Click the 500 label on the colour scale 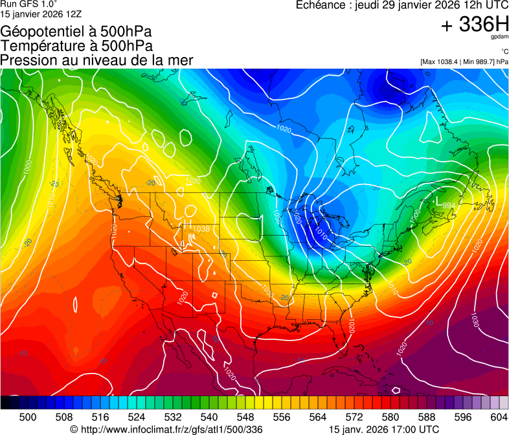[x=28, y=417]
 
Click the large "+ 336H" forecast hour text [x=475, y=25]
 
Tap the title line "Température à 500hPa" [x=76, y=46]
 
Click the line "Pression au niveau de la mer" [x=96, y=60]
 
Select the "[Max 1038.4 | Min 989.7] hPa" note [x=464, y=61]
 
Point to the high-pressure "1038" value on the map [x=201, y=229]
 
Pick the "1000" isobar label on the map [x=27, y=167]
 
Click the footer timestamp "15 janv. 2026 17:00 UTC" [x=384, y=429]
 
